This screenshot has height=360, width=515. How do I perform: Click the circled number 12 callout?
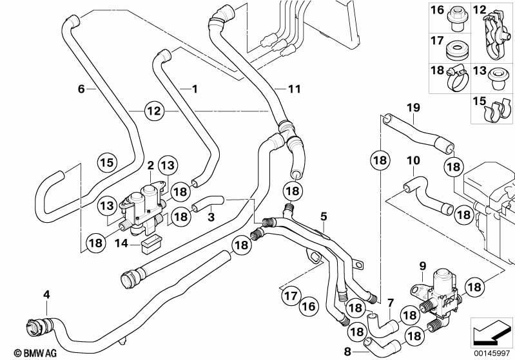[x=154, y=111]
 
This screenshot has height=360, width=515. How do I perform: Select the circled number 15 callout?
[x=107, y=162]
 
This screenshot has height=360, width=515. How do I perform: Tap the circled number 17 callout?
[x=291, y=296]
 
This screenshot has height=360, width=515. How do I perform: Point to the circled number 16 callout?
[x=309, y=307]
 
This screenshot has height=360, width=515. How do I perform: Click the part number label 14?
[x=121, y=243]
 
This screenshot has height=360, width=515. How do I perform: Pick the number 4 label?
[x=46, y=294]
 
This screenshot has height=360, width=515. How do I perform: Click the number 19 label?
[x=414, y=108]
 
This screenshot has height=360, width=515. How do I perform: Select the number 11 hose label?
[x=295, y=89]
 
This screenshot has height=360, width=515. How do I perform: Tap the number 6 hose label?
[x=81, y=89]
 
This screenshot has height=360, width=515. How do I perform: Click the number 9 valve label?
[x=422, y=265]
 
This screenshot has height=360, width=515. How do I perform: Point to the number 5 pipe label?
[x=324, y=216]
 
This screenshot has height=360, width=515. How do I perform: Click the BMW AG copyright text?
[x=35, y=353]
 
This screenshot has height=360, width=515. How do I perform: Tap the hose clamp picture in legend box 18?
[x=458, y=78]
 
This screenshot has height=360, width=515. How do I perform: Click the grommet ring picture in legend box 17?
[x=455, y=52]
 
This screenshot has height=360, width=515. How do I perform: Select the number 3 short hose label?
[x=211, y=217]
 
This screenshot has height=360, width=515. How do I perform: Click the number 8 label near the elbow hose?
[x=347, y=352]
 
